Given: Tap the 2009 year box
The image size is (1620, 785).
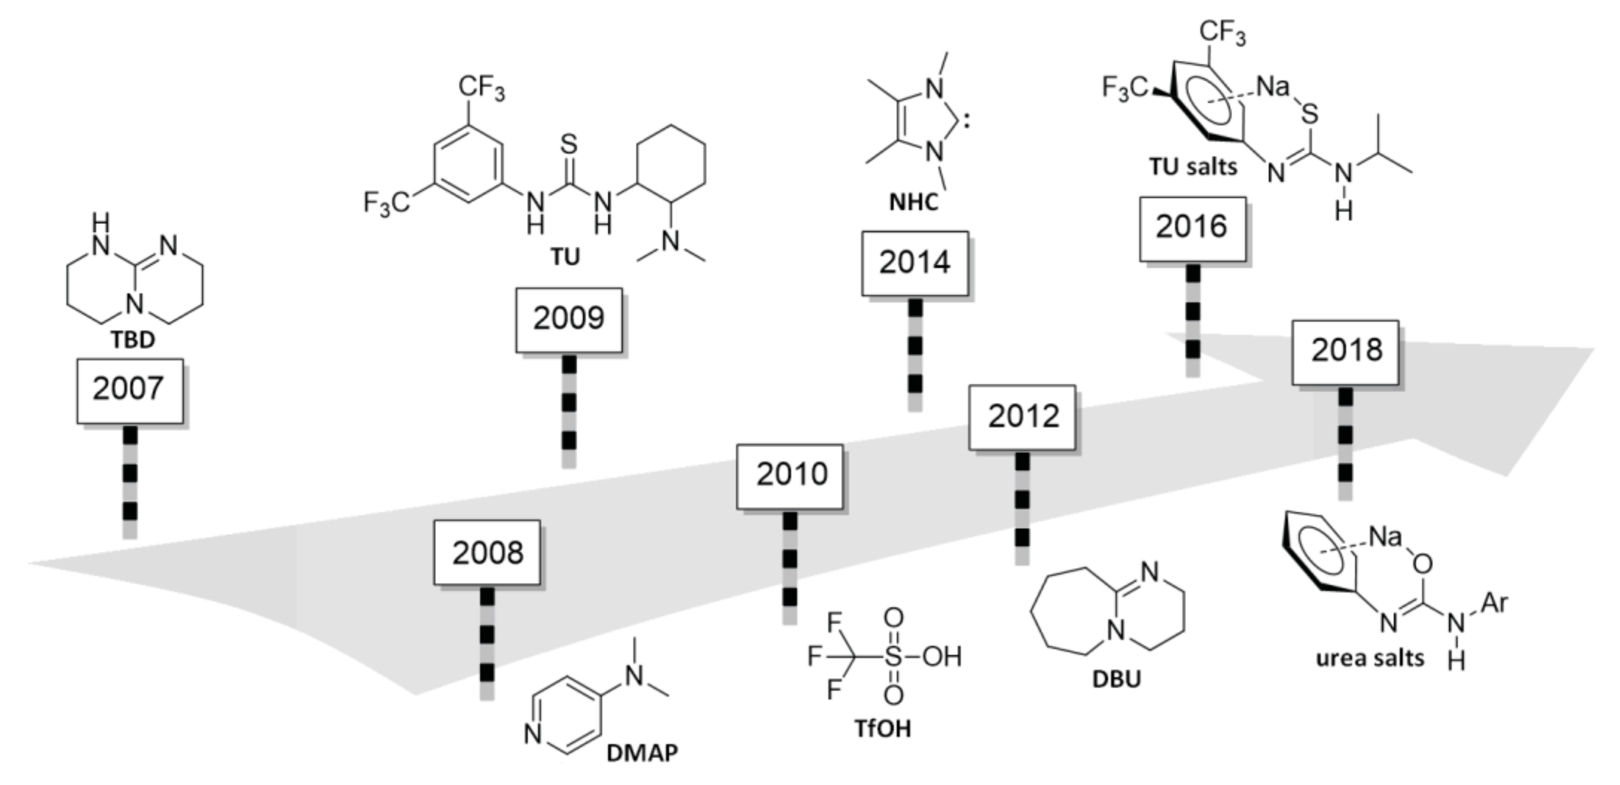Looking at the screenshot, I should pos(568,319).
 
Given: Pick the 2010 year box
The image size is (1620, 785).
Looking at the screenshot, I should pos(790,475).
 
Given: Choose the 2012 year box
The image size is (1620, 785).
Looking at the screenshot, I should pos(1022,417).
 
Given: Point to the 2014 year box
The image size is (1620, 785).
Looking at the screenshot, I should pos(914,263).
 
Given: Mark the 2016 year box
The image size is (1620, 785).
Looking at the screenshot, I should pos(1193,227).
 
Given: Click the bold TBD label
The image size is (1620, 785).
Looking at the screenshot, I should pos(133,340).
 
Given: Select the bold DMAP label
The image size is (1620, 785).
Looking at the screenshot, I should pos(642,752).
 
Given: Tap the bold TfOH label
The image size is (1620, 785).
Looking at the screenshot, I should pos(882,729).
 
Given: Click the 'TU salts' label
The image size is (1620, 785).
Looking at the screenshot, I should pos(1193,167).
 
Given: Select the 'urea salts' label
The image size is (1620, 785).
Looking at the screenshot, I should pos(1370,658).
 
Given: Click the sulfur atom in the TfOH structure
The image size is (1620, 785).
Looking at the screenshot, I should pos(893,657).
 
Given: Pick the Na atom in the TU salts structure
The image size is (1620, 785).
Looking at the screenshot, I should pos(1273,87).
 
